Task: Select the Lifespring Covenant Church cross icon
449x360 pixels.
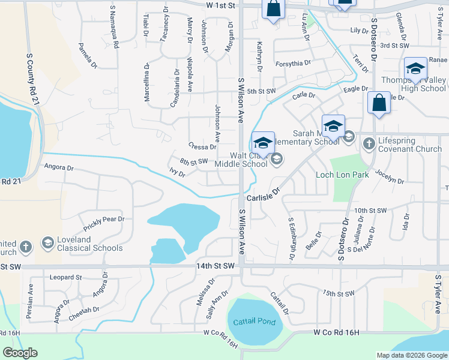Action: coord(368,143)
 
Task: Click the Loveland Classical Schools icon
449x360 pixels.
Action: coord(47,243)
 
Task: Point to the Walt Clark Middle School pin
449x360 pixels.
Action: coord(263,144)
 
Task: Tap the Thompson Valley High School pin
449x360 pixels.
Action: coord(415,70)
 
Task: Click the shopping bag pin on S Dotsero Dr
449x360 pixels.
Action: coord(379,103)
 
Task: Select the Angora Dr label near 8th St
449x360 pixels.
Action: coord(58,169)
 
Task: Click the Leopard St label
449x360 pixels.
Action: coord(66,278)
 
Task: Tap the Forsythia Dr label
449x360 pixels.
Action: coord(293,63)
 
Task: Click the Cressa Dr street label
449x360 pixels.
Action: coord(202,147)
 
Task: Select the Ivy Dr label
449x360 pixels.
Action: coord(178,174)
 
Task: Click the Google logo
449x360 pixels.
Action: coord(20,353)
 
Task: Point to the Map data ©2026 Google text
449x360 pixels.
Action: coord(411,355)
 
